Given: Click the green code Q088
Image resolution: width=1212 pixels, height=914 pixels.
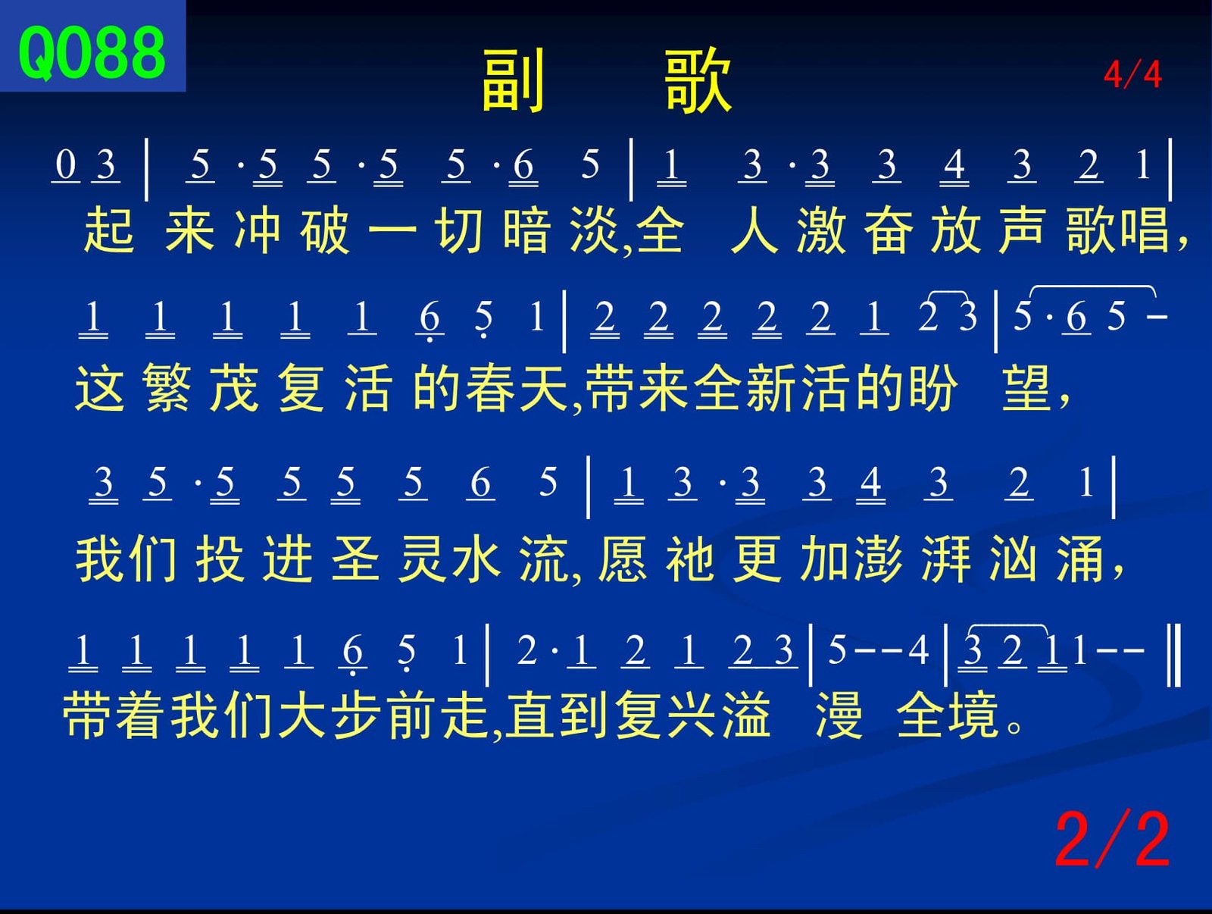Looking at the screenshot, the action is tap(92, 53).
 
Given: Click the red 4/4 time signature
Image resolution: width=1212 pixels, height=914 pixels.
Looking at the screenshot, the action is tap(1132, 74).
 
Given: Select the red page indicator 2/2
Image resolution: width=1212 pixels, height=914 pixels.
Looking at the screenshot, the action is tap(1111, 841).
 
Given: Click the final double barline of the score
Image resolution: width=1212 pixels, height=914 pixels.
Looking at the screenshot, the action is tap(1174, 655).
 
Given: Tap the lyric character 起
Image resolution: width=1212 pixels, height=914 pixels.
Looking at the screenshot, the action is tap(109, 230).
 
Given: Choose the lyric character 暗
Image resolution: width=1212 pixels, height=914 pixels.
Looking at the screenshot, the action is tap(526, 230).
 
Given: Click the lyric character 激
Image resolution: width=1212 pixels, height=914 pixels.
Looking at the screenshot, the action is tap(821, 230).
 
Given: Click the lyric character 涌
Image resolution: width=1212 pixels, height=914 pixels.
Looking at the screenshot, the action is tap(1080, 559).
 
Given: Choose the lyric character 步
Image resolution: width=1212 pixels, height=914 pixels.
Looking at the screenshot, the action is tap(356, 715).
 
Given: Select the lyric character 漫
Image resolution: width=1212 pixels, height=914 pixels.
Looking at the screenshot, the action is tap(839, 715).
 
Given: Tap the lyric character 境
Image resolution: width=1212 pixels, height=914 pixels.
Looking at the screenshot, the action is tap(974, 715).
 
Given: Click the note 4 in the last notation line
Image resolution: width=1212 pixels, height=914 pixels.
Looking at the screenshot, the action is tap(918, 650).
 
